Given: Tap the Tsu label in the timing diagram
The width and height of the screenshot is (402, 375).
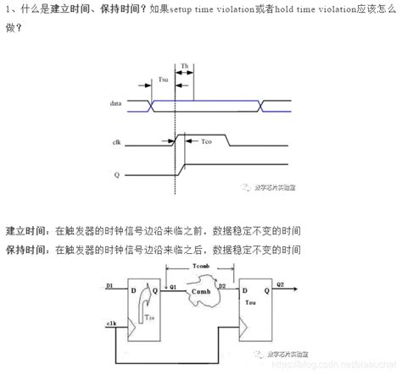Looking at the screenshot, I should [x=163, y=80].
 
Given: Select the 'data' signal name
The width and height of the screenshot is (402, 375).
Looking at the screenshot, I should [x=116, y=103].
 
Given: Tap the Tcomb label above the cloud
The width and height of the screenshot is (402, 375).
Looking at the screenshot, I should [x=201, y=267].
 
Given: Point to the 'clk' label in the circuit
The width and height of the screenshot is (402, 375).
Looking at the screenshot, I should [x=110, y=323].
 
